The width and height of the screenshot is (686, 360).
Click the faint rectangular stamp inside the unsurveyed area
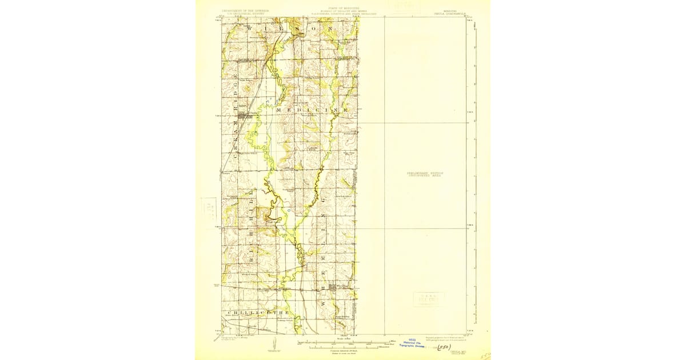coord(428,299)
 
